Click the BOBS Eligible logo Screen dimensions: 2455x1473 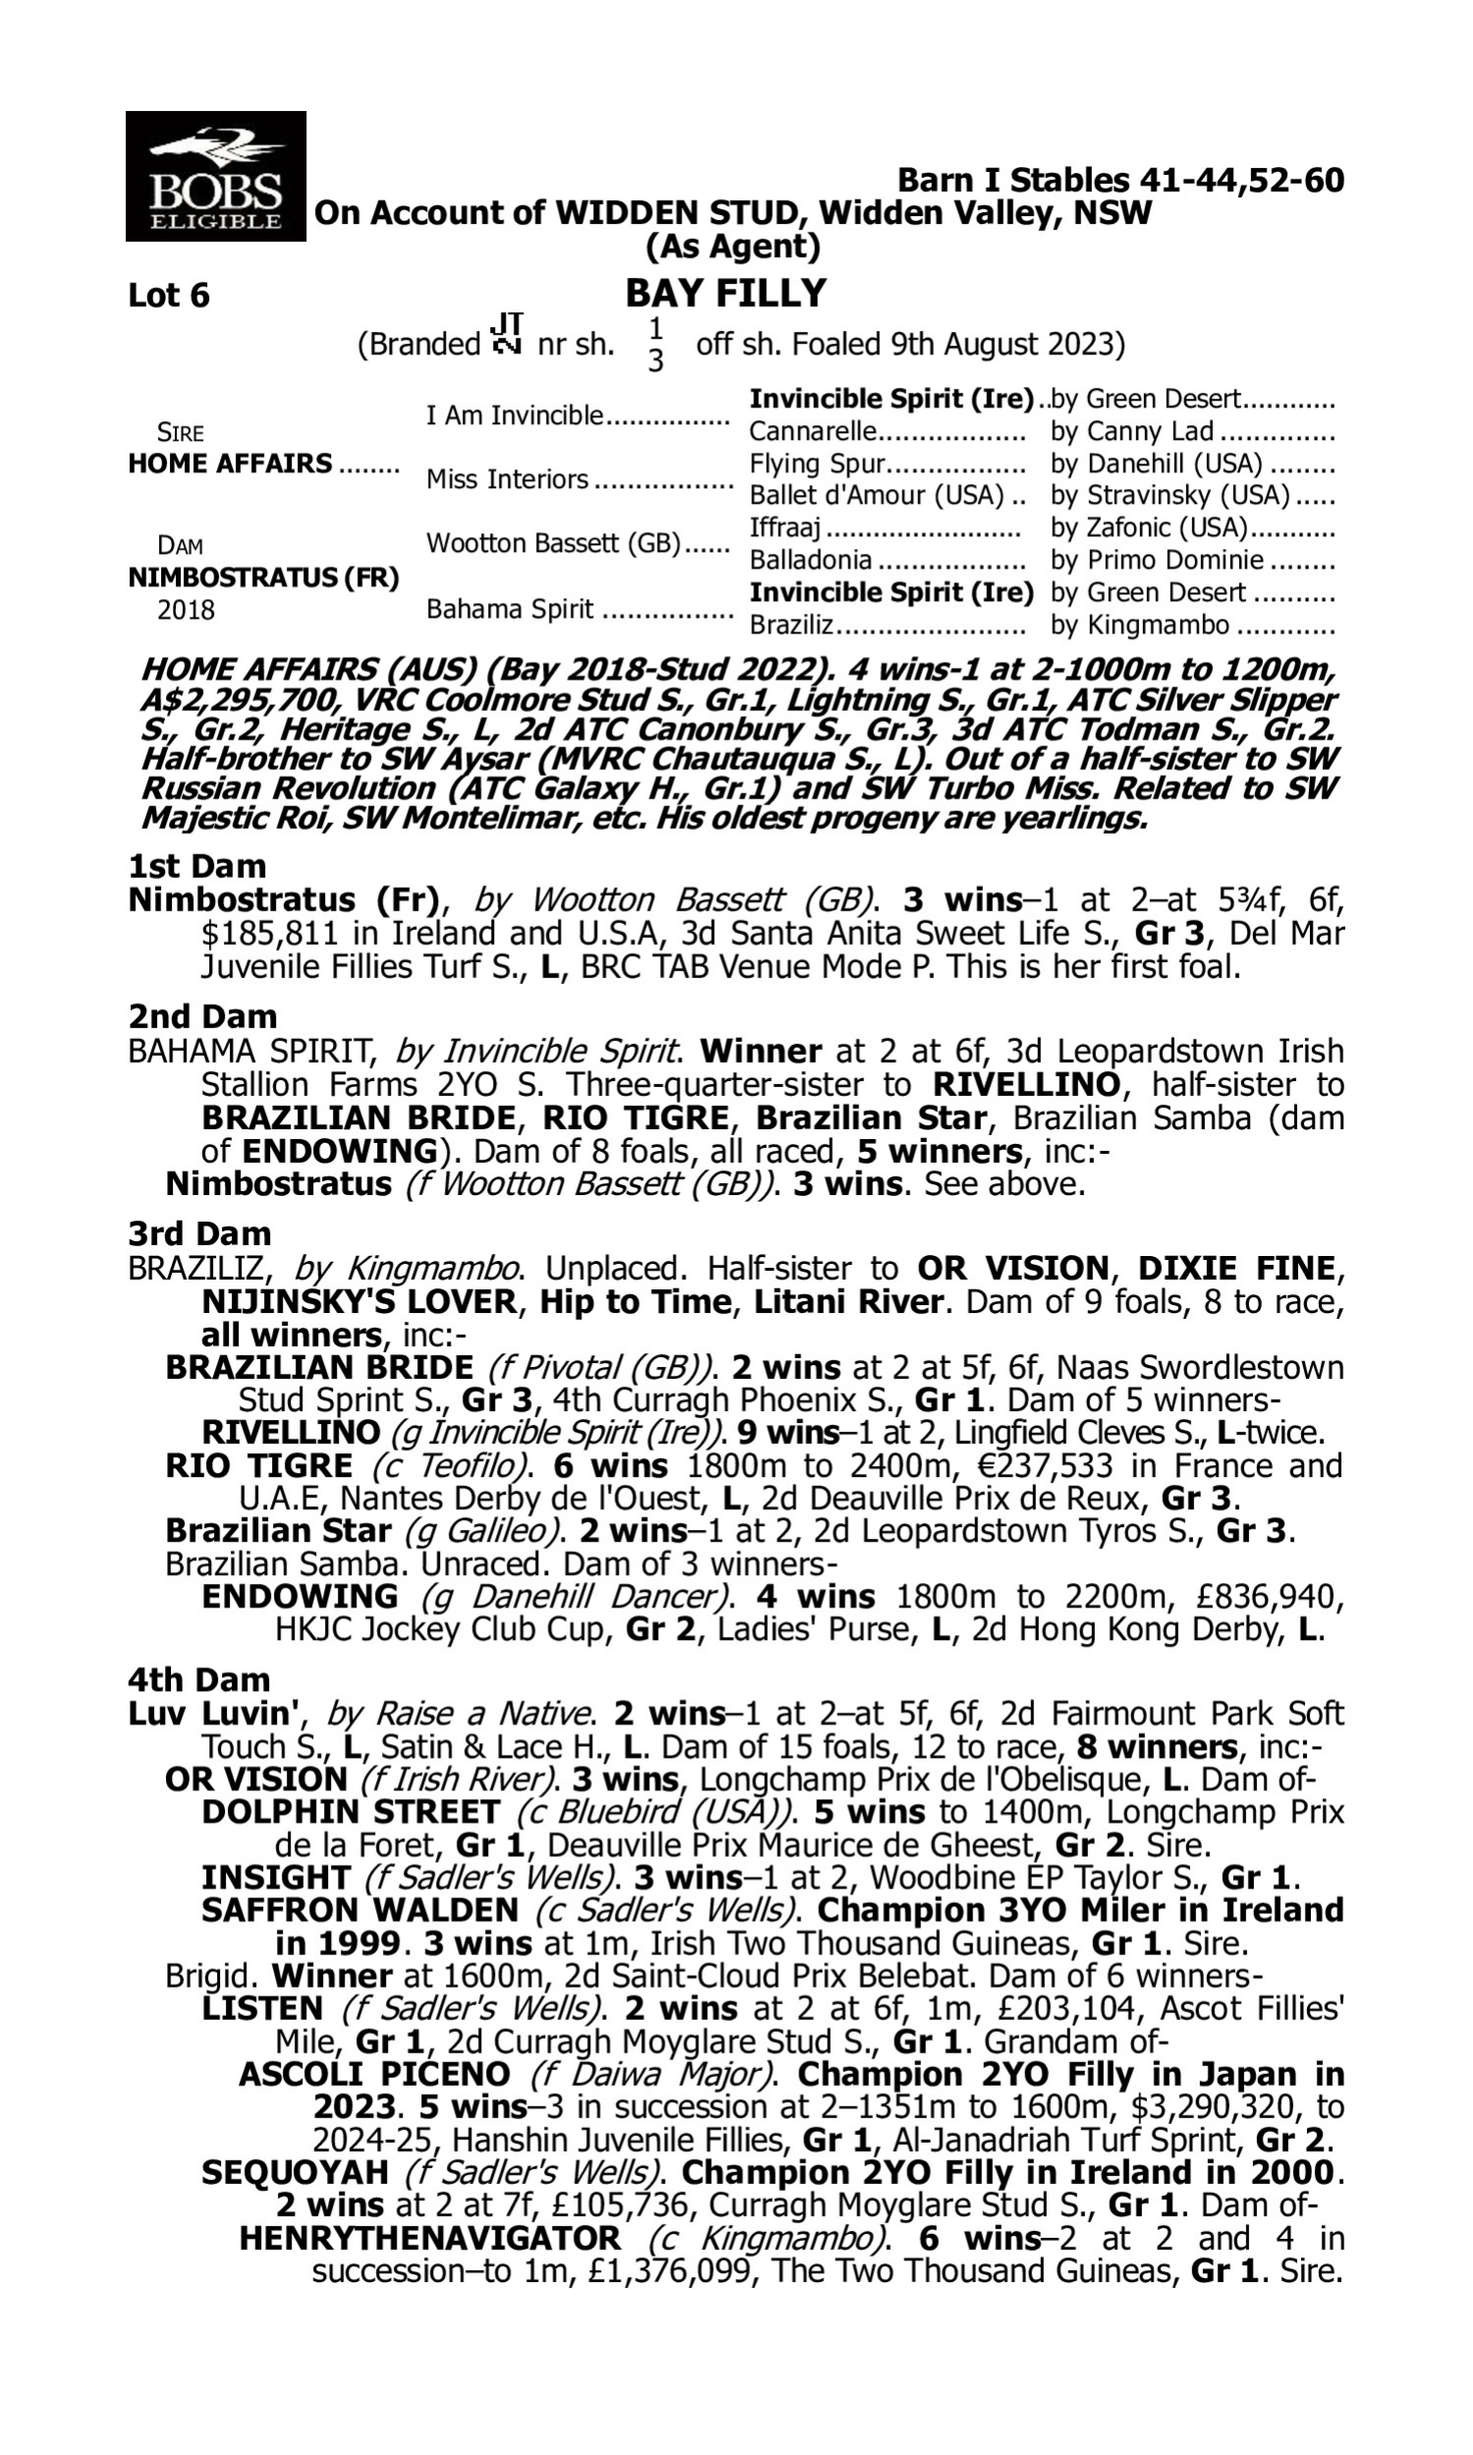point(215,176)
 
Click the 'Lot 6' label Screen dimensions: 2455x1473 point(169,296)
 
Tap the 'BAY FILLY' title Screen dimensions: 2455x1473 point(726,293)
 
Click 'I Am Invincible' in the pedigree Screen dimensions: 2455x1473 point(515,414)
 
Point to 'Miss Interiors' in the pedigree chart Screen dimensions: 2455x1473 point(508,479)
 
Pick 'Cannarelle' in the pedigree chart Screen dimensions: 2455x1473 point(813,432)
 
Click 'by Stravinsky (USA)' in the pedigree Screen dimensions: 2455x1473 point(1170,495)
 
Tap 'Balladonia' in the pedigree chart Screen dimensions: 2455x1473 point(810,561)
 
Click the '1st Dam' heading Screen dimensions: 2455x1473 point(197,866)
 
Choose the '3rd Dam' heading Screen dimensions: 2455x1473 point(199,1233)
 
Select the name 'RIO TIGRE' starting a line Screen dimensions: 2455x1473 point(258,1466)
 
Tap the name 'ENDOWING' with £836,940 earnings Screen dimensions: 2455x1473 point(299,1597)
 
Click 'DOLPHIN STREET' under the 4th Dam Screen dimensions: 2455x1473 point(350,1812)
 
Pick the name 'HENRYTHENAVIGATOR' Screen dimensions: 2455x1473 point(430,2239)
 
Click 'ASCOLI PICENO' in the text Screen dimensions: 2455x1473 point(374,2075)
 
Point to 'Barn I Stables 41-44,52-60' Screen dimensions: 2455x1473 point(1120,180)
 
